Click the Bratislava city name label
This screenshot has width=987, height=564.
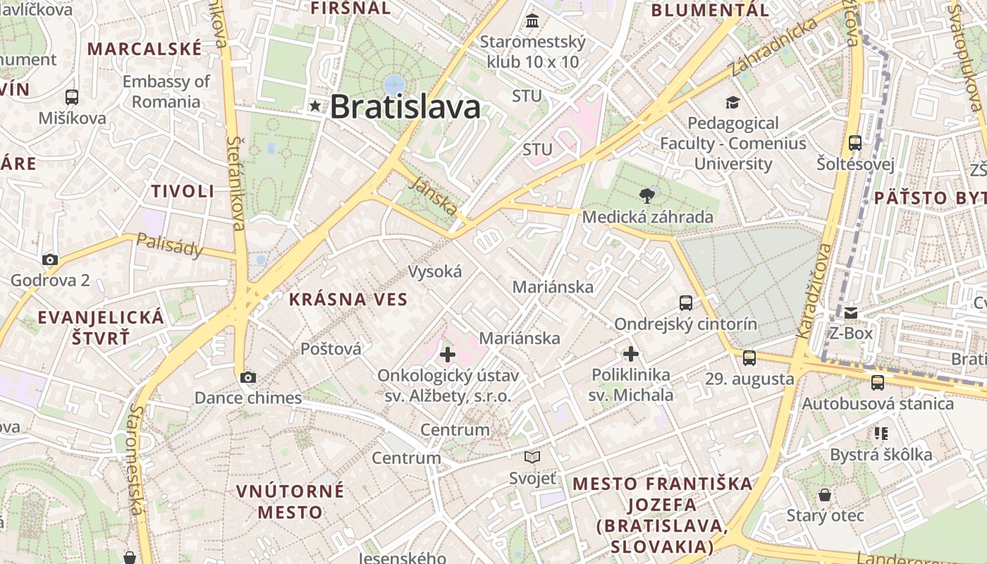point(405,107)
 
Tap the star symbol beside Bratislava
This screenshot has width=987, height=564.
point(314,106)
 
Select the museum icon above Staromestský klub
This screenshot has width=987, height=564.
point(532,20)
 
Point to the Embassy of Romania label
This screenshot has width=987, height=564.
point(166,92)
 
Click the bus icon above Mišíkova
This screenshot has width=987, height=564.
point(71,97)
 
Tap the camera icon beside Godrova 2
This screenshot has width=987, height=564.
point(49,259)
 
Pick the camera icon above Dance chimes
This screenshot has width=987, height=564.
point(247,377)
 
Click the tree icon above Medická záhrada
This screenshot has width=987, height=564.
point(646,195)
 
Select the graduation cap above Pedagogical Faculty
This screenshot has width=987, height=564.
point(732,103)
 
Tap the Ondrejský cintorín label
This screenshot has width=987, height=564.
point(685,324)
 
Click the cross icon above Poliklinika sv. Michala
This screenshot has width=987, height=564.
point(631,353)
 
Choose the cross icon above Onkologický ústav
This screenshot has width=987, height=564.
point(447,355)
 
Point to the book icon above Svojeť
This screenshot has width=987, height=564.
point(532,458)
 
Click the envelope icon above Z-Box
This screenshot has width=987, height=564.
point(851,313)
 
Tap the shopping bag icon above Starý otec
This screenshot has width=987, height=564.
point(824,495)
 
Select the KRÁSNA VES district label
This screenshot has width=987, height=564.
point(348,300)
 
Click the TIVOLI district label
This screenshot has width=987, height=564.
point(183,191)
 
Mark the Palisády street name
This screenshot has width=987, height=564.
point(170,245)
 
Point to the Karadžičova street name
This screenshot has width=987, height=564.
point(815,290)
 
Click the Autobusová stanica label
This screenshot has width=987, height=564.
point(878,404)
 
